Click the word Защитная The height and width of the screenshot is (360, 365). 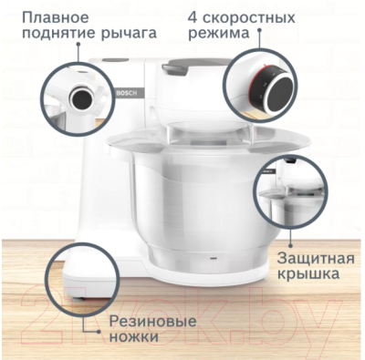[x=308, y=254]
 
